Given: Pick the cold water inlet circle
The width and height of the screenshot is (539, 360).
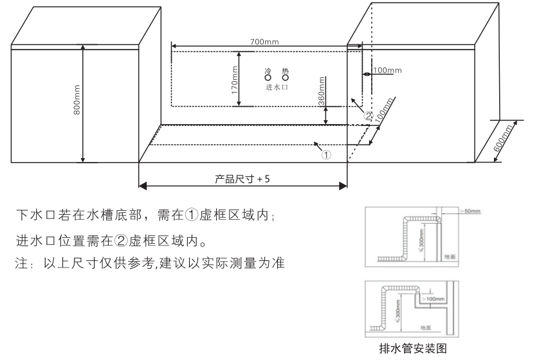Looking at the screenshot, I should pyautogui.click(x=268, y=78).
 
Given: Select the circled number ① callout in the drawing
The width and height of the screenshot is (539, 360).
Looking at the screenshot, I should pyautogui.click(x=326, y=154).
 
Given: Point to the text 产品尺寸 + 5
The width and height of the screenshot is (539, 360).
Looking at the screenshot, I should pyautogui.click(x=242, y=178).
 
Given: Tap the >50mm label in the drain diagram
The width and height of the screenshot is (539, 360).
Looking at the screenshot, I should pyautogui.click(x=473, y=210).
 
